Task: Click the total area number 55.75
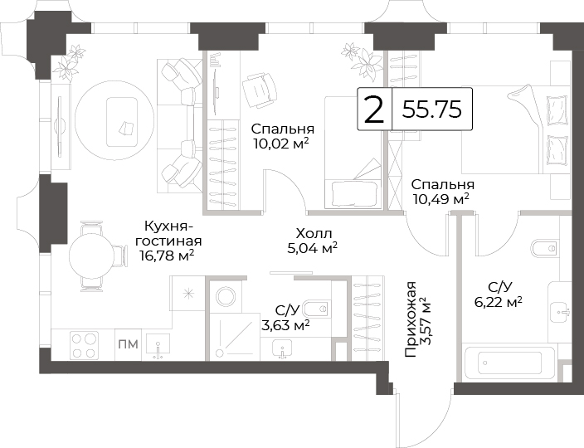(432, 110)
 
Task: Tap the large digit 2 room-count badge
(374, 110)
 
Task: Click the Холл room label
(314, 234)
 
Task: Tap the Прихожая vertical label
(411, 319)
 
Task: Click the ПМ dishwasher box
(128, 344)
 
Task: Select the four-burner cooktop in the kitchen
(85, 345)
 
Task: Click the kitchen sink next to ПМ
(158, 346)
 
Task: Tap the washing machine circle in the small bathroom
(226, 297)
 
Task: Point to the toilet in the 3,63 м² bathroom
(317, 309)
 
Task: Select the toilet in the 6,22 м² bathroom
(545, 248)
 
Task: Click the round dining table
(92, 256)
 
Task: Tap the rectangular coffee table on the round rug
(122, 122)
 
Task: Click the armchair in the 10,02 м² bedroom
(260, 90)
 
